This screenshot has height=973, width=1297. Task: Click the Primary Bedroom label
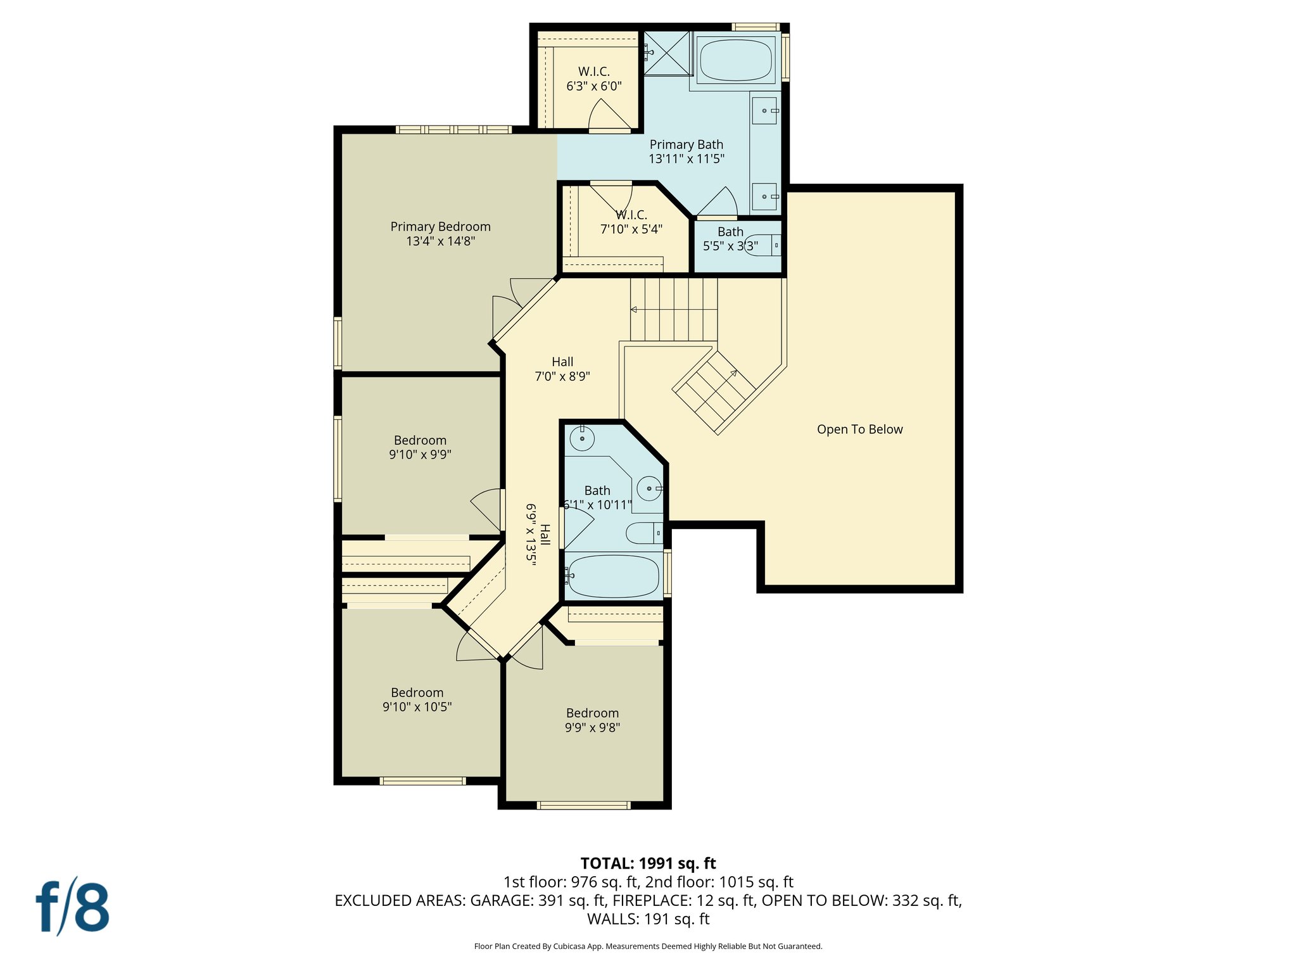(x=440, y=234)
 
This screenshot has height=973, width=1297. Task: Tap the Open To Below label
(x=859, y=429)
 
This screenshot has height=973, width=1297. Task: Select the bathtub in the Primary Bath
(x=735, y=60)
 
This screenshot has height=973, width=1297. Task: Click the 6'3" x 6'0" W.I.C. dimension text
(x=593, y=86)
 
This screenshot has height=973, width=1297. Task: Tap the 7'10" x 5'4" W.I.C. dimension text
(x=631, y=229)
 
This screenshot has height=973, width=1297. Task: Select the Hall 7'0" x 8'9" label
(x=562, y=369)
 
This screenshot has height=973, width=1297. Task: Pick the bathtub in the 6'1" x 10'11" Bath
(x=613, y=576)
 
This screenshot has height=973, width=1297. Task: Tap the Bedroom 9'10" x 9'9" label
(x=420, y=447)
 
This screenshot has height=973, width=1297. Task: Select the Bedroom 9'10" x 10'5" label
(x=417, y=700)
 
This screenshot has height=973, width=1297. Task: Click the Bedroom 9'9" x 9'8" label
(x=592, y=720)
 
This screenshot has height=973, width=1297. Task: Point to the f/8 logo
(x=72, y=906)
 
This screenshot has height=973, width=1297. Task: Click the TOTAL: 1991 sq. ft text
(x=648, y=863)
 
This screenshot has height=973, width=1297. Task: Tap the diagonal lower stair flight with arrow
(x=714, y=393)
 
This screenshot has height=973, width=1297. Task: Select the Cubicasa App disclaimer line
(x=648, y=946)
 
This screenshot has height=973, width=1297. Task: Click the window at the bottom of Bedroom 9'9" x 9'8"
(x=583, y=805)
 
